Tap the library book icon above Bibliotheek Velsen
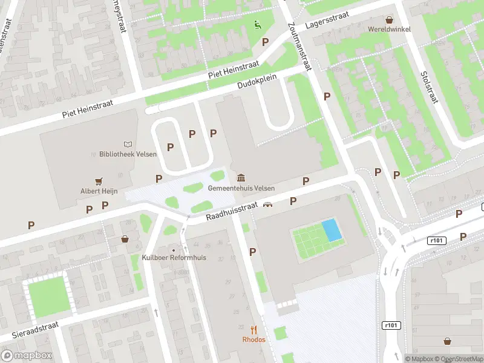click(x=128, y=145)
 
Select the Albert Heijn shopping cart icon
click(x=99, y=181)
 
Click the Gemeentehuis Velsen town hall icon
click(x=241, y=178)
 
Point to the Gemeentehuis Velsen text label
click(x=241, y=188)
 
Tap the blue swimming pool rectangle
click(x=330, y=230)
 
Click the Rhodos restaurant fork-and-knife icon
click(x=254, y=330)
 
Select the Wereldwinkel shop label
click(x=389, y=28)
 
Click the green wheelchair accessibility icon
click(x=257, y=25)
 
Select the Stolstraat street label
click(x=428, y=87)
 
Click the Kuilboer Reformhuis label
click(x=175, y=258)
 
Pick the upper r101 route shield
click(x=436, y=240)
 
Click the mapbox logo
click(x=27, y=355)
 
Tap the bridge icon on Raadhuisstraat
click(x=267, y=204)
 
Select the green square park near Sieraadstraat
click(x=45, y=296)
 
